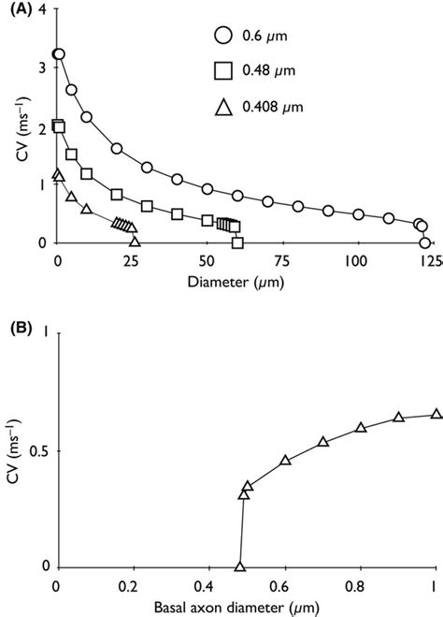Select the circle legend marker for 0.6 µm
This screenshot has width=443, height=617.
pyautogui.click(x=222, y=37)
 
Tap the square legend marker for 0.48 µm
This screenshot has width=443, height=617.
pyautogui.click(x=222, y=72)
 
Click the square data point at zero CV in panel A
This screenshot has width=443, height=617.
pyautogui.click(x=237, y=243)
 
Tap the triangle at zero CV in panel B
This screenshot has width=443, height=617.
pyautogui.click(x=240, y=567)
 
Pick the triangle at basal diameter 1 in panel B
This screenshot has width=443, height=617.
pyautogui.click(x=436, y=414)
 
